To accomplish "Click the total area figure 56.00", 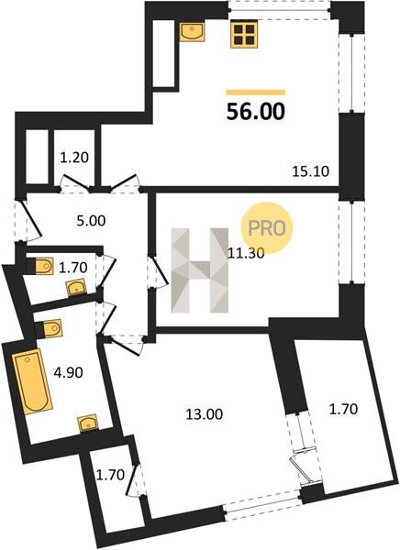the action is point(256,112).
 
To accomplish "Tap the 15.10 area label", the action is point(310,171).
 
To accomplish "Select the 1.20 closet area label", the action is point(74,158).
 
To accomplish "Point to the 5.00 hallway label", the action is point(91,221).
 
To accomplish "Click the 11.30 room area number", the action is point(246,253).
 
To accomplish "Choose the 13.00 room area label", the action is point(204,414).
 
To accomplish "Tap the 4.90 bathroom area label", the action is point(68,372).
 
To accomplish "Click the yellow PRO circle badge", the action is point(267,228).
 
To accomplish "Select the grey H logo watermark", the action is point(199,270).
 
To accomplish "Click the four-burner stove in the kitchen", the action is point(244,34).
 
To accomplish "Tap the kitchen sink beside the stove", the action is point(193,31).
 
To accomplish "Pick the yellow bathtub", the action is point(32,381).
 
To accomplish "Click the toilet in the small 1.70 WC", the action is point(44,267).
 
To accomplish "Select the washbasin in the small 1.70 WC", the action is point(76,288).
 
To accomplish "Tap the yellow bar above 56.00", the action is point(256,93).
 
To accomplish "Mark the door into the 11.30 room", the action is point(157,272).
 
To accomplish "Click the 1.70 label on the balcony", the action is point(343,409).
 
